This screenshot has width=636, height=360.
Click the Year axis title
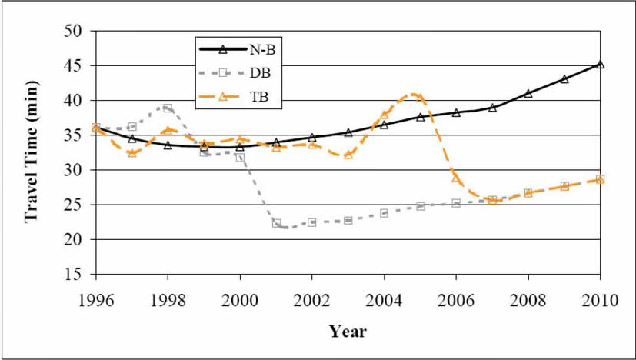tap(348, 332)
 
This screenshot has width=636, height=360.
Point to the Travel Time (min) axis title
tap(32, 153)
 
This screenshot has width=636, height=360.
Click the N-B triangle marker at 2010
tap(600, 65)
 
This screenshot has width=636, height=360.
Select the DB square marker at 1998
tap(168, 108)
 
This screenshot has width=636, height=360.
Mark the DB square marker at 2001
tap(276, 223)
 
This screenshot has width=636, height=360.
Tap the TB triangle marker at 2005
tap(420, 98)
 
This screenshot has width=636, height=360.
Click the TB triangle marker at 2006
tap(456, 178)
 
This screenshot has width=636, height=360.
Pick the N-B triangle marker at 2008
tap(528, 93)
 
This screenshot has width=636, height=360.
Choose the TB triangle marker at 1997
tap(132, 153)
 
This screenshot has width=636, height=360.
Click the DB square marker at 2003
tap(348, 220)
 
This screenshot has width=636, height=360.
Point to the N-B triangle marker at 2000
tap(240, 147)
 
